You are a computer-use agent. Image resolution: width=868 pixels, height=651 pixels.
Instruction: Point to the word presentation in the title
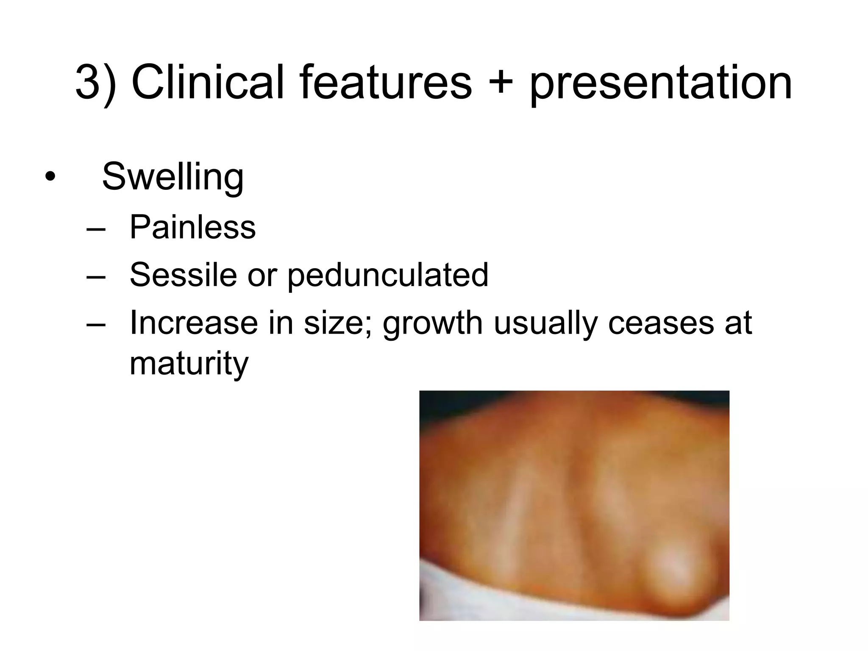[x=660, y=84]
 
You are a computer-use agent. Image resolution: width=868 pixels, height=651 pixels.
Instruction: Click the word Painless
[x=192, y=227]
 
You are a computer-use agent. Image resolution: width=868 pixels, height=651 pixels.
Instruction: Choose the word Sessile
[x=183, y=275]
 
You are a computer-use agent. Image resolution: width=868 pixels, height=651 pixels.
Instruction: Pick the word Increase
[x=194, y=323]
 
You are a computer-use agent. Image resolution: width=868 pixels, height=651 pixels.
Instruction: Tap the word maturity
[x=189, y=364]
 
